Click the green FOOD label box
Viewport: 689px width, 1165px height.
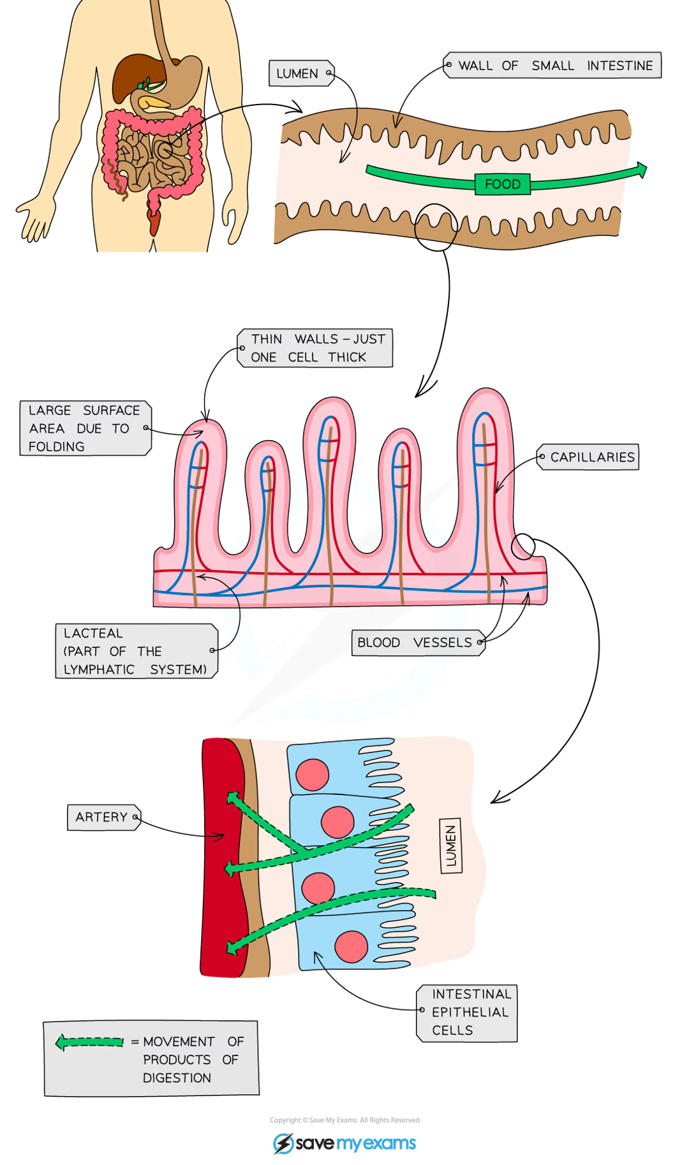pos(503,184)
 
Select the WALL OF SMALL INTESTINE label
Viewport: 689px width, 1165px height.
pos(553,66)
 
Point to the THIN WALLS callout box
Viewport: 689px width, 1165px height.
pos(316,348)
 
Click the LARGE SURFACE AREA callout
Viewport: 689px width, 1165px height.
pos(84,428)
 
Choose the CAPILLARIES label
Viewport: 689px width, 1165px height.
pos(590,457)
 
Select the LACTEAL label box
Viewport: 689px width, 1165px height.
pos(136,651)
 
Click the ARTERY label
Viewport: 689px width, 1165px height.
pos(103,817)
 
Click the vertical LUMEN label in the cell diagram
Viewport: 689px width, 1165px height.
pos(451,846)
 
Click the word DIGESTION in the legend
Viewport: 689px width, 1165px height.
pos(177,1078)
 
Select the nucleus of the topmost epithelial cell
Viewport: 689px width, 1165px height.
pos(313,774)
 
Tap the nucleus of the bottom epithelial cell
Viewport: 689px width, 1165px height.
pos(351,946)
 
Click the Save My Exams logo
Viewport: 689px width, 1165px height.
pos(344,1143)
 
